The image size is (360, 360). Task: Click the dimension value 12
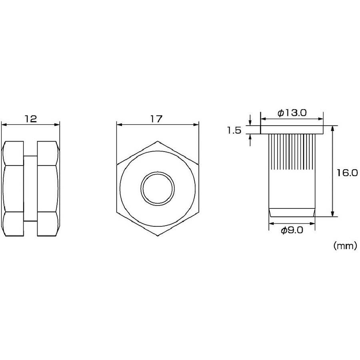pos(31,119)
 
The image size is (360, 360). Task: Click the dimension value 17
pos(156,119)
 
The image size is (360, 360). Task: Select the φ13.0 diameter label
pos(292,113)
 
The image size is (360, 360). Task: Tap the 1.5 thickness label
pos(234,131)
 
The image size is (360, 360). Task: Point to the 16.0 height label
pos(347,173)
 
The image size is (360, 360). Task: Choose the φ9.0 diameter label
pos(292,230)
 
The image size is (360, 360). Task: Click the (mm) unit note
pos(345,246)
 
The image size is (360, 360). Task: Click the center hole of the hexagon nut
pos(158,188)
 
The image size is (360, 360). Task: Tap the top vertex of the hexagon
pos(158,141)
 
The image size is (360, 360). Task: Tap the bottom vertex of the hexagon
pos(158,236)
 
